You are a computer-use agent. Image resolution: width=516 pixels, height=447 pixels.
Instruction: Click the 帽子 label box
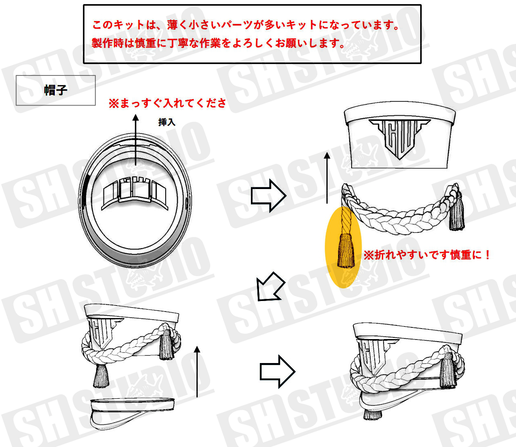click(x=56, y=90)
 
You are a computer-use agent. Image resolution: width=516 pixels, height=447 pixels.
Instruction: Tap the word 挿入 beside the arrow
click(x=167, y=122)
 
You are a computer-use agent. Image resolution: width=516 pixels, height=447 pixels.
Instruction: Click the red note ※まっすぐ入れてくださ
click(x=167, y=103)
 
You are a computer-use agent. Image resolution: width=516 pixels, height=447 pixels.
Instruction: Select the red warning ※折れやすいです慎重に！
click(x=426, y=255)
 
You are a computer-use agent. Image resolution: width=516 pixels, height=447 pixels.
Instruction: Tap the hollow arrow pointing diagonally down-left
click(x=270, y=287)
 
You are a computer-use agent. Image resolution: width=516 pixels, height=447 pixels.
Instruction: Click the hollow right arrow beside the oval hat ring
click(x=268, y=196)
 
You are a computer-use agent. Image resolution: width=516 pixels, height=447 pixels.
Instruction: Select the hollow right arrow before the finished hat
click(x=277, y=372)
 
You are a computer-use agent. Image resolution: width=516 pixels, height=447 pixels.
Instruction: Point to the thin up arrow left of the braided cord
click(x=327, y=178)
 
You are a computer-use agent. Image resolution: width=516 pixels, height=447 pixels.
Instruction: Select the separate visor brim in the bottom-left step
click(x=132, y=413)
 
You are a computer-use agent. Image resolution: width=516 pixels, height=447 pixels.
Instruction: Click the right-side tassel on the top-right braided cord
click(x=457, y=213)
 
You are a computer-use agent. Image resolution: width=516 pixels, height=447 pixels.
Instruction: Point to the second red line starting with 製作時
click(x=218, y=43)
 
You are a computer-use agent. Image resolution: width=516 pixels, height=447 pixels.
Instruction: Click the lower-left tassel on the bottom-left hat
click(x=101, y=376)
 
